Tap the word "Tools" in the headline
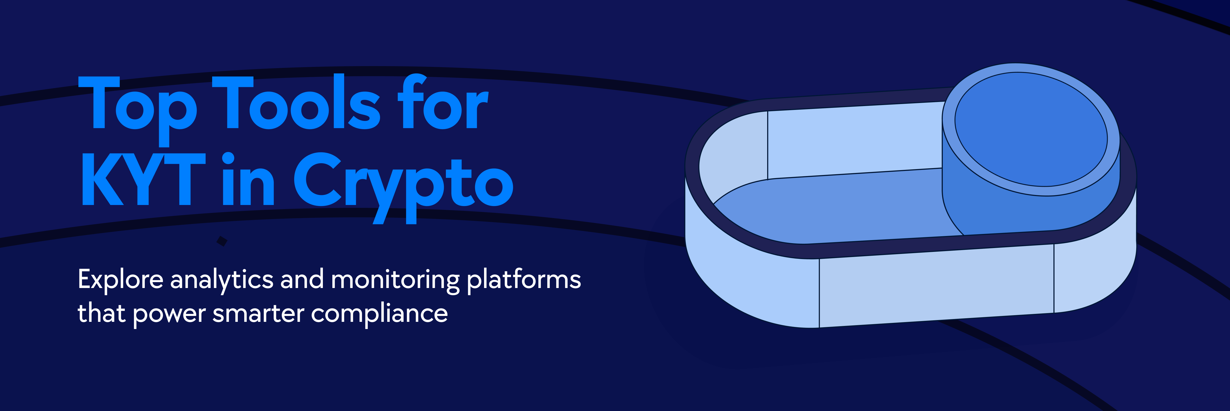click(x=296, y=102)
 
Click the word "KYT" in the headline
click(x=143, y=179)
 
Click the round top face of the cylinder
click(x=1031, y=129)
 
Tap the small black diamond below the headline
click(x=222, y=241)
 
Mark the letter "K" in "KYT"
click(x=103, y=179)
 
